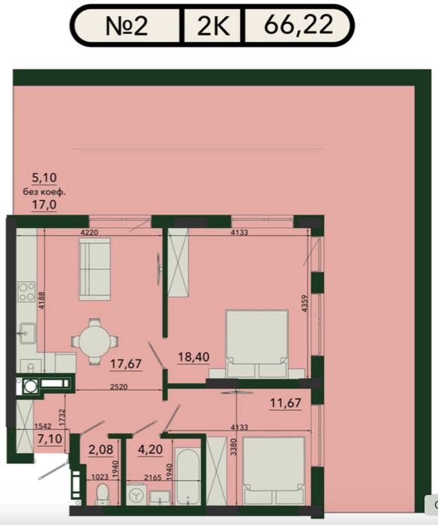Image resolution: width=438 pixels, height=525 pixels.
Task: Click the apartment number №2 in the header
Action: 127,25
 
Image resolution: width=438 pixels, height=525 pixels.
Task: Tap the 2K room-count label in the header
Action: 214,25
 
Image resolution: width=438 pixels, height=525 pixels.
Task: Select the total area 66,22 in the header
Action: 298,25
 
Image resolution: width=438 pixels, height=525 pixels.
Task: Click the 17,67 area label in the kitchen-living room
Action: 126,364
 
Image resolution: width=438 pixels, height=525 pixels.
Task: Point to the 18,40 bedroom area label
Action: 193,357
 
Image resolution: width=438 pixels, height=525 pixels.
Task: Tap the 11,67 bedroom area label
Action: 286,403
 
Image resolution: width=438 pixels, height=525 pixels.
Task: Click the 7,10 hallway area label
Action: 50,439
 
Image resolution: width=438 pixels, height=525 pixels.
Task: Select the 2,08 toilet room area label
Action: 100,450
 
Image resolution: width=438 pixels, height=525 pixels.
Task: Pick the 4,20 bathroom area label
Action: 150,450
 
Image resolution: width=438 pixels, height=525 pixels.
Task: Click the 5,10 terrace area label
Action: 44,178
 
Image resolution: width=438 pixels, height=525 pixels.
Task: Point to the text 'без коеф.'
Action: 44,192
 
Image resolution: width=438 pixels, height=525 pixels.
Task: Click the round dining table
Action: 95,341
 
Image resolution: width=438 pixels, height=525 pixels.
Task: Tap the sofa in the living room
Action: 94,268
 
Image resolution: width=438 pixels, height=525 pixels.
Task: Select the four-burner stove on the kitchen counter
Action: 27,292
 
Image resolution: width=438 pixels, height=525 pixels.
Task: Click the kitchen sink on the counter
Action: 26,333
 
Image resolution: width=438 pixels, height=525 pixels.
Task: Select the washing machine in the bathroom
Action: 136,493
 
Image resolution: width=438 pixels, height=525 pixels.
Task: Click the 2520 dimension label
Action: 119,387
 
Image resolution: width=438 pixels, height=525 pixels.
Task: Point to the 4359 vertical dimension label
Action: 304,304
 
